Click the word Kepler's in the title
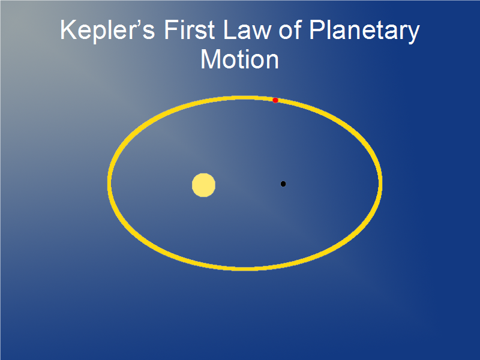[x=107, y=31]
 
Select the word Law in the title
[x=247, y=29]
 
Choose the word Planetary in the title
[x=364, y=31]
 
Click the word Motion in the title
[x=239, y=59]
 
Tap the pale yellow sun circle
[x=203, y=185]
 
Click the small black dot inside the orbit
[x=283, y=184]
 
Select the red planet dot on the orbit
[x=275, y=100]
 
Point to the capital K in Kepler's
[x=68, y=29]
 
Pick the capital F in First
[x=172, y=29]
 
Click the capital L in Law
[x=230, y=29]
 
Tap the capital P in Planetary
[x=317, y=29]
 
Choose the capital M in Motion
[x=211, y=59]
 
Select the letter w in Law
[x=261, y=32]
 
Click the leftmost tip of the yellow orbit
[x=109, y=183]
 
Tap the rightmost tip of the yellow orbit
[x=381, y=183]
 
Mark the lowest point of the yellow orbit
[x=245, y=269]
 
